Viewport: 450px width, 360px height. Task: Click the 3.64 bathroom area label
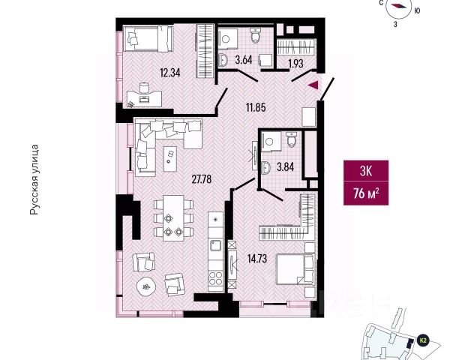(243, 58)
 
